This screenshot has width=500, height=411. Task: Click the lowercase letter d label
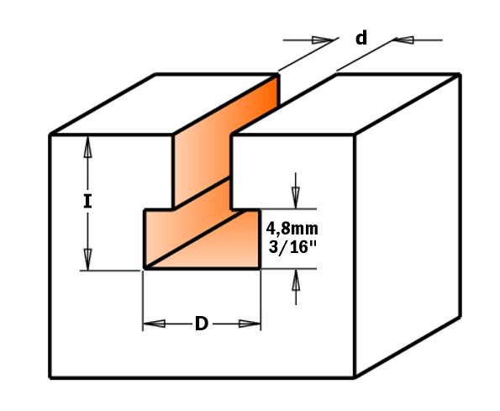tap(361, 38)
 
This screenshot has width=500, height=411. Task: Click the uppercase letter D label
tap(201, 324)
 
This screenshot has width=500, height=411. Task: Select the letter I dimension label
tap(87, 201)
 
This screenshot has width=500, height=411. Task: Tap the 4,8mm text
tap(292, 229)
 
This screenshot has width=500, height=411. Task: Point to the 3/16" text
tap(292, 246)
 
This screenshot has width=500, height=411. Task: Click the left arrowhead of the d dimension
tap(323, 40)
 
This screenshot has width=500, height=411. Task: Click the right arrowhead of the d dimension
tap(404, 40)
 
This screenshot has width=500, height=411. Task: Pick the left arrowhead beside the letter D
tap(155, 324)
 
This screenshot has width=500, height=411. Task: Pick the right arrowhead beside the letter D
tap(250, 324)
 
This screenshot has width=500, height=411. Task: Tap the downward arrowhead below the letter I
tap(87, 259)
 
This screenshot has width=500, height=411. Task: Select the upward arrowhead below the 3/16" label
tap(296, 280)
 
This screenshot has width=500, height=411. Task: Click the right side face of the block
tap(408, 224)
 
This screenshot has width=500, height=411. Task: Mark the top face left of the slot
tap(164, 104)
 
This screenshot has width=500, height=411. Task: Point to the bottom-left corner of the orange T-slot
tap(145, 268)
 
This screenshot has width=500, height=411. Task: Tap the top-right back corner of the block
tap(460, 76)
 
